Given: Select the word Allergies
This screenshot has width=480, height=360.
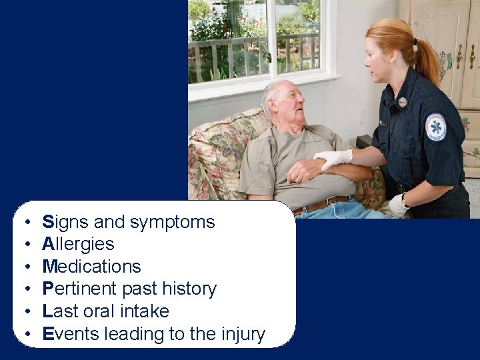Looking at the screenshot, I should (x=78, y=244).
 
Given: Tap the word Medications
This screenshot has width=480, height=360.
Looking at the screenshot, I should (x=91, y=267).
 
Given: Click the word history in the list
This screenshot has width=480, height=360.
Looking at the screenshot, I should (x=189, y=289).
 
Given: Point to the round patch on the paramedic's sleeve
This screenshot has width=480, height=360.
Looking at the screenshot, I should (x=436, y=127).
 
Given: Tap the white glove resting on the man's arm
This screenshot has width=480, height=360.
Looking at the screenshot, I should (x=333, y=158).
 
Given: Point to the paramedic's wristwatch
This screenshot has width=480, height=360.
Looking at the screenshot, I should (x=405, y=199).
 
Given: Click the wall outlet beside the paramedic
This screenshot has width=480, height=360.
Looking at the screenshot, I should (x=363, y=117).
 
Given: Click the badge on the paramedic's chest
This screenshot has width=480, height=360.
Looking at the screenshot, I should (x=402, y=102).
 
